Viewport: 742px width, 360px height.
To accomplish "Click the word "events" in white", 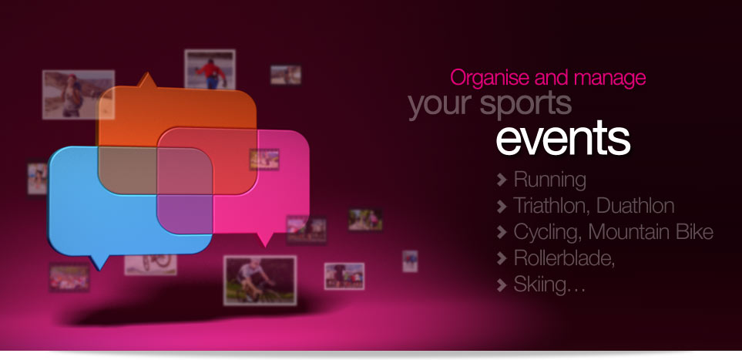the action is click(x=563, y=138).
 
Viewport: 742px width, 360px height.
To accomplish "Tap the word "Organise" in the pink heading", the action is click(x=489, y=78).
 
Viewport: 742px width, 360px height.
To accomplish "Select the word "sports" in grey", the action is click(x=525, y=105).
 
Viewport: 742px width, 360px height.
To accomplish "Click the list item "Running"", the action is click(x=550, y=180).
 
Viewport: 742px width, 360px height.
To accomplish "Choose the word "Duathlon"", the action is click(x=635, y=206).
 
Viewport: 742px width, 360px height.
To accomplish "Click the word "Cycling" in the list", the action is click(x=548, y=233).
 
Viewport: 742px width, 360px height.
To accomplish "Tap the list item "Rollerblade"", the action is click(x=564, y=259).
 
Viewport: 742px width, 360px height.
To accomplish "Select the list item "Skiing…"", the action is click(x=549, y=285).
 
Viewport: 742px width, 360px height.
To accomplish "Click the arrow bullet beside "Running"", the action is click(x=502, y=180).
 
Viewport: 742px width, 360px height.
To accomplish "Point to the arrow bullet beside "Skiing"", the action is click(x=502, y=285).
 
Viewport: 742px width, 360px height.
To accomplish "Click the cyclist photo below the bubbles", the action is click(x=260, y=281).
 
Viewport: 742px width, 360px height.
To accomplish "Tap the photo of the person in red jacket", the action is click(x=210, y=69).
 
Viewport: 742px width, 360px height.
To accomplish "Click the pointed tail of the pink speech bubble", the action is click(x=265, y=241).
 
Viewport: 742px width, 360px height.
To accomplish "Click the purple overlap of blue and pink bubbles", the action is click(x=185, y=214).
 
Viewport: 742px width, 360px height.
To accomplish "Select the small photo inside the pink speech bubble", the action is click(x=264, y=159).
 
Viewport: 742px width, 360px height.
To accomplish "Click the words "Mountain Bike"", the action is click(x=650, y=233).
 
